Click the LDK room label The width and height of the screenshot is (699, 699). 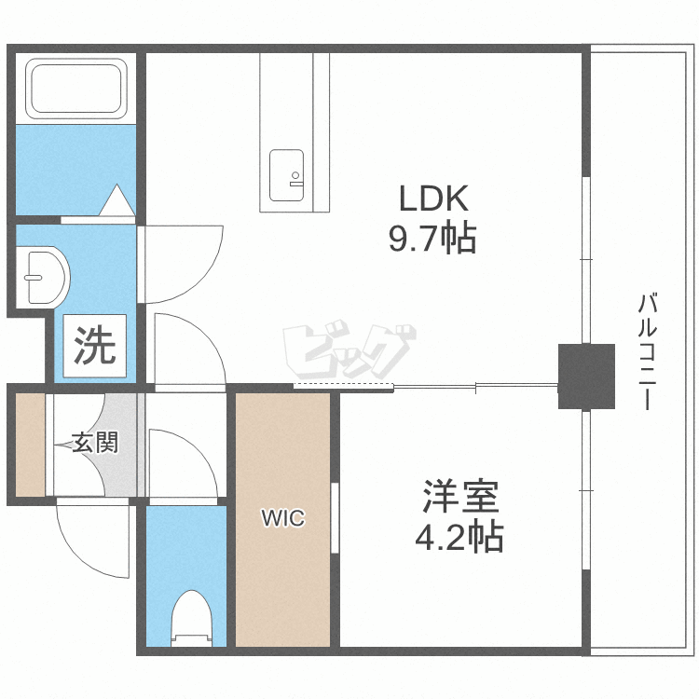(432, 198)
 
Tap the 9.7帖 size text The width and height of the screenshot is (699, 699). (432, 240)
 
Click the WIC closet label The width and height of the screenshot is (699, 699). (282, 518)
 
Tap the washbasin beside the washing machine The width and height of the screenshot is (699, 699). (43, 277)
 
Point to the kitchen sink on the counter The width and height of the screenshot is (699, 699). (287, 175)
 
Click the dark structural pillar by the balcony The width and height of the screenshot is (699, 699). (586, 376)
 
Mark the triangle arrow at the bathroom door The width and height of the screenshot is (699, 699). (117, 200)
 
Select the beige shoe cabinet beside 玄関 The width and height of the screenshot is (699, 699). (29, 445)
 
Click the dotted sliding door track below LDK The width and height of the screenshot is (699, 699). (344, 386)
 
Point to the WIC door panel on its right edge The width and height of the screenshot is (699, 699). (335, 518)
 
